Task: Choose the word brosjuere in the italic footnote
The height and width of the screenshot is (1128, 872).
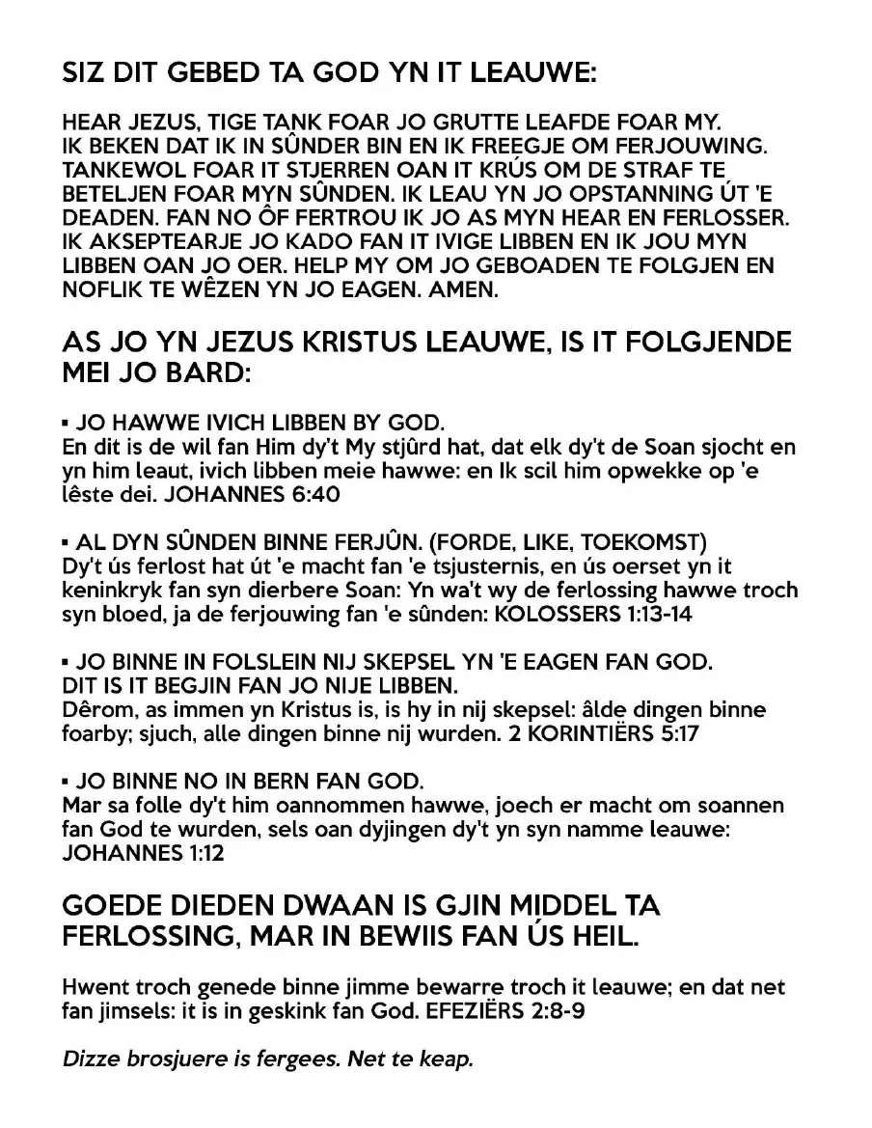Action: pyautogui.click(x=171, y=1059)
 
